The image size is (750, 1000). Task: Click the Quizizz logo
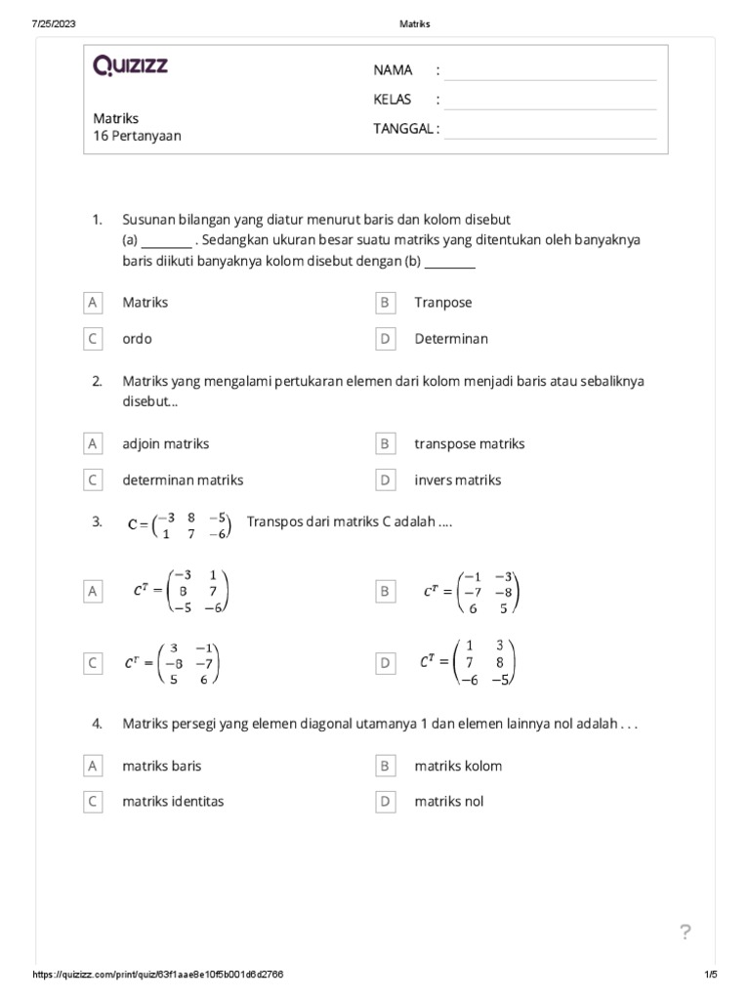click(130, 66)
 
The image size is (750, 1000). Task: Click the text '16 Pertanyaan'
click(137, 137)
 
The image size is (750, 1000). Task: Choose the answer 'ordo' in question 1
click(137, 339)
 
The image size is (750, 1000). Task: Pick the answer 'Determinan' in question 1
click(450, 339)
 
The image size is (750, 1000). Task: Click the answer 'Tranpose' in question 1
click(442, 303)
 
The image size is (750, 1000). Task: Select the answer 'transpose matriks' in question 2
click(469, 443)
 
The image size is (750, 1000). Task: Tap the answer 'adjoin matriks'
click(165, 443)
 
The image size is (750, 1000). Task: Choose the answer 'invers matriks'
click(457, 480)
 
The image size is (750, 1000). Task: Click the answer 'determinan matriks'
click(183, 480)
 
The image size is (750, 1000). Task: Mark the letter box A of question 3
click(93, 591)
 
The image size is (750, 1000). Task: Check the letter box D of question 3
click(385, 663)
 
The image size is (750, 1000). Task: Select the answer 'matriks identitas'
click(173, 802)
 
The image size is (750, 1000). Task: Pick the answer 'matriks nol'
click(448, 802)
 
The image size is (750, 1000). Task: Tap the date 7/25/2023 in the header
click(56, 23)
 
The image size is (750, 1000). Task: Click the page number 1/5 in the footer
click(710, 976)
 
